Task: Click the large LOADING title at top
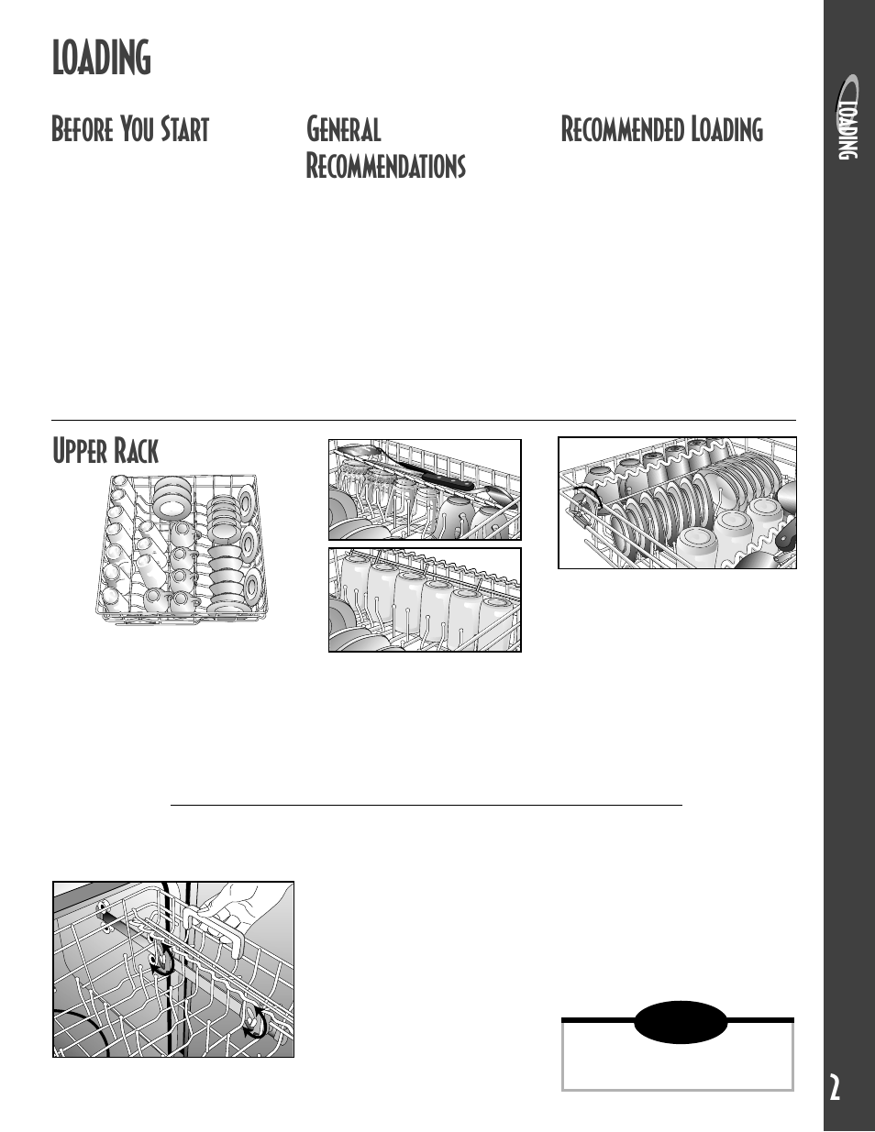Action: click(x=102, y=58)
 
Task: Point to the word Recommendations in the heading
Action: click(x=385, y=166)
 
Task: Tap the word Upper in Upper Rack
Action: click(x=79, y=451)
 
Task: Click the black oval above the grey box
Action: click(x=680, y=1023)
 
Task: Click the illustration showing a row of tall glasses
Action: click(x=425, y=599)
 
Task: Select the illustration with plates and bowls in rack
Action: click(x=678, y=502)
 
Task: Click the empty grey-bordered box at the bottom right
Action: click(x=678, y=1054)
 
